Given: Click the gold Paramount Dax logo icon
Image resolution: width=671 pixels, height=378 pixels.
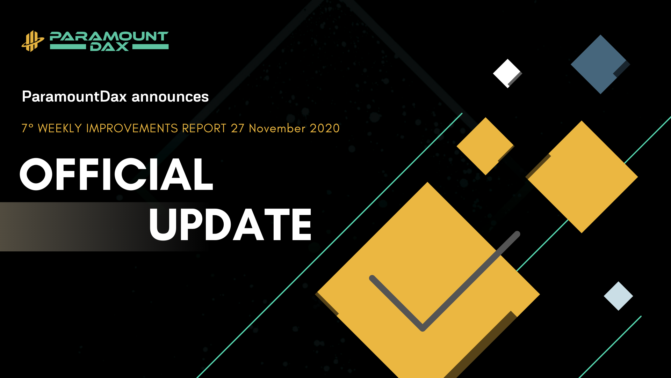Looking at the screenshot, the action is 33,41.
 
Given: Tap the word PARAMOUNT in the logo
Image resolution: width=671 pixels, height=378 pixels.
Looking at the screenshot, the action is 109,36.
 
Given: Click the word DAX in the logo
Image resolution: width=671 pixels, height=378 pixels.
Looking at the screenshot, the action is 109,47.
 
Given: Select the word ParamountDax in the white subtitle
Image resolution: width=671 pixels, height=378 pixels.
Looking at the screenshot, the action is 74,97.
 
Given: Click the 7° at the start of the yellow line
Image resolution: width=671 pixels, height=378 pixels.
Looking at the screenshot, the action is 27,128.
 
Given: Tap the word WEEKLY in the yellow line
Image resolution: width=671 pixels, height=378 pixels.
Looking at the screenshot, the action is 60,128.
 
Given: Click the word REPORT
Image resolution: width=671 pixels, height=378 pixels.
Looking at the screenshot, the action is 204,128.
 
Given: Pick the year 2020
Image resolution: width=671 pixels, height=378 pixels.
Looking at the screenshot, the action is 325,128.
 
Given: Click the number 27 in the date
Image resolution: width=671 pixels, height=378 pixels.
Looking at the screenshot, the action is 238,128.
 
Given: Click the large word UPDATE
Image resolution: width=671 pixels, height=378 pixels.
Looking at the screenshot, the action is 230,224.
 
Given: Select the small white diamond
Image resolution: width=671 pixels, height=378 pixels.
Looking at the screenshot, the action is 507,73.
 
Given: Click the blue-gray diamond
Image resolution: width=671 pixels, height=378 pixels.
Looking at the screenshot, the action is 600,64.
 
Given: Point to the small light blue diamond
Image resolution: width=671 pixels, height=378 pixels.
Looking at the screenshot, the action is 618,296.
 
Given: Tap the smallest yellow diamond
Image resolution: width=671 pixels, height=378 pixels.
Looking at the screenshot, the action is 485,146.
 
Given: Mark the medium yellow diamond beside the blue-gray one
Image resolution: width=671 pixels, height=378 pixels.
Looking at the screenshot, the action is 582,177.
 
